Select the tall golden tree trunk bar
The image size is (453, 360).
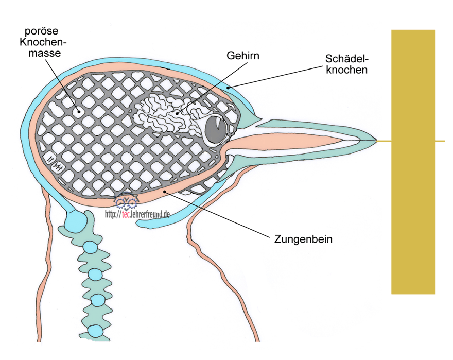[413, 162]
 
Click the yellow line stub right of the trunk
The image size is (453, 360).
[440, 140]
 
